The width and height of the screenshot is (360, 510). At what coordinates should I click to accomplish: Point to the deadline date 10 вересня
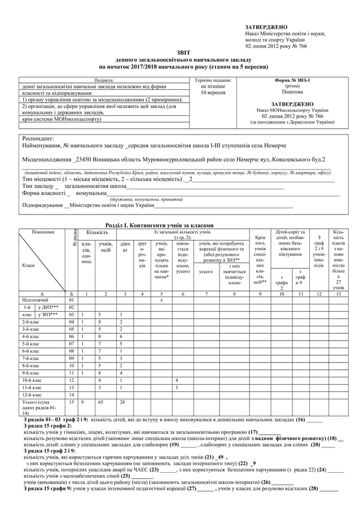212,93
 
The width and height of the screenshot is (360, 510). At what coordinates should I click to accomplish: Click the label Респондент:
38,138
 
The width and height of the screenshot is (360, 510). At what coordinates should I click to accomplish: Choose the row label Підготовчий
36,300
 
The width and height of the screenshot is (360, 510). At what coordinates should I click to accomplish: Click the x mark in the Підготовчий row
161,300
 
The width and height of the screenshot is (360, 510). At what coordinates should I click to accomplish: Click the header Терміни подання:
212,80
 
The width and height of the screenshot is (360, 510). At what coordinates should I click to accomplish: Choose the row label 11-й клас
31,387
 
